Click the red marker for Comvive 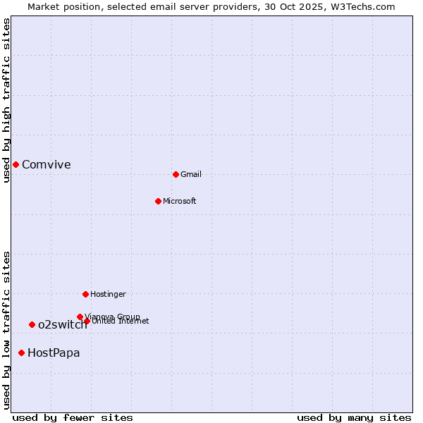click(x=16, y=164)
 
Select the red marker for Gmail click(x=176, y=174)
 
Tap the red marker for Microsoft click(x=158, y=201)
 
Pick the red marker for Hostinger click(x=85, y=294)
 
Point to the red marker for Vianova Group click(x=80, y=317)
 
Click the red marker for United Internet click(x=87, y=321)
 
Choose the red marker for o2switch click(x=32, y=324)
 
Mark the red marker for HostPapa click(x=21, y=352)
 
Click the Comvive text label click(x=47, y=165)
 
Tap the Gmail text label click(x=191, y=175)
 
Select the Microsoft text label click(x=180, y=202)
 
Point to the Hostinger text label click(x=108, y=295)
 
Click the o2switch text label click(x=62, y=325)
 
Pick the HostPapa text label click(x=54, y=353)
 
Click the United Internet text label click(x=121, y=321)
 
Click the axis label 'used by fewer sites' click(x=73, y=417)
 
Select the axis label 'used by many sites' click(x=354, y=417)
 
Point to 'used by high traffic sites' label click(x=6, y=100)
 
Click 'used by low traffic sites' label click(x=6, y=330)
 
